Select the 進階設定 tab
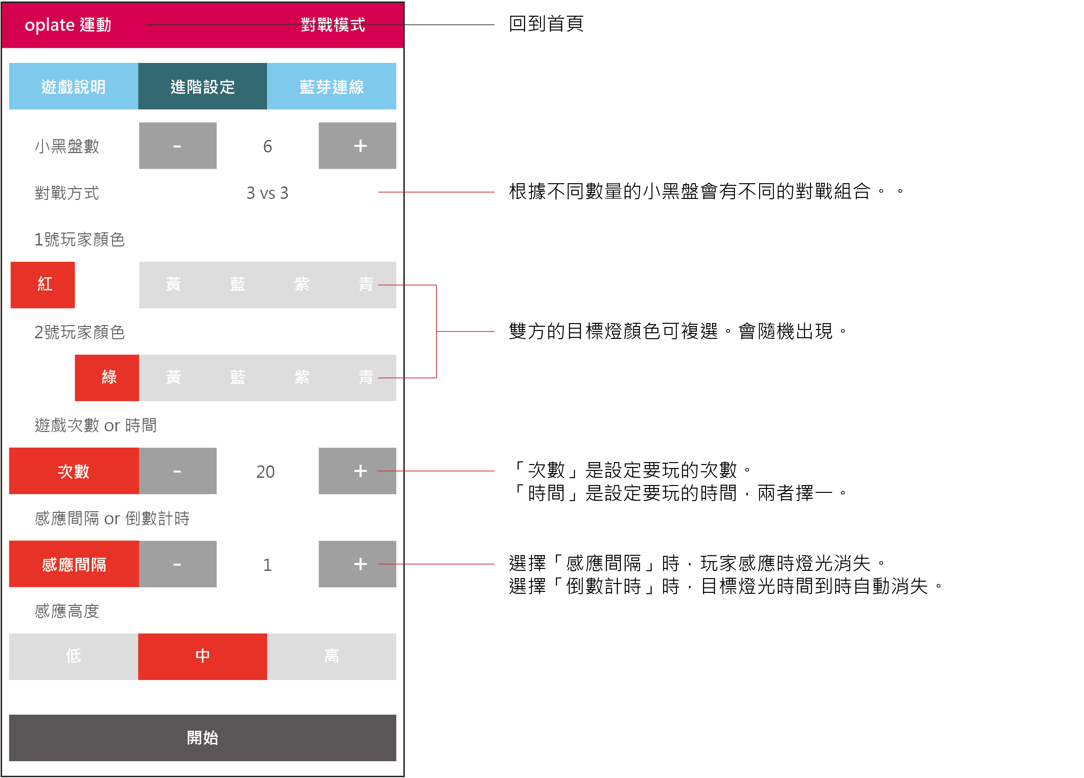click(x=202, y=87)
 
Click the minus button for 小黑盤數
click(x=177, y=146)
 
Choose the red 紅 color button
click(x=43, y=285)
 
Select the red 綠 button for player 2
click(x=107, y=378)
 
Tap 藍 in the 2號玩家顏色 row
click(x=238, y=378)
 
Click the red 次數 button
click(x=74, y=471)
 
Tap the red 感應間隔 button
click(x=74, y=564)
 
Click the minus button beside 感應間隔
click(x=177, y=564)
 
